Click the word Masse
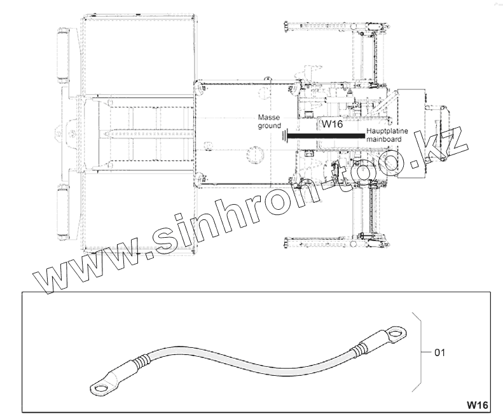point(269,118)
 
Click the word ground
point(270,126)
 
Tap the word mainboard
point(383,139)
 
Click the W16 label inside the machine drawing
point(332,124)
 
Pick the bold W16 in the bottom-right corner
point(477,405)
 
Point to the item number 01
point(440,353)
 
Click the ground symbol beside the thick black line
point(284,135)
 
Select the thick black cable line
point(326,136)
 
